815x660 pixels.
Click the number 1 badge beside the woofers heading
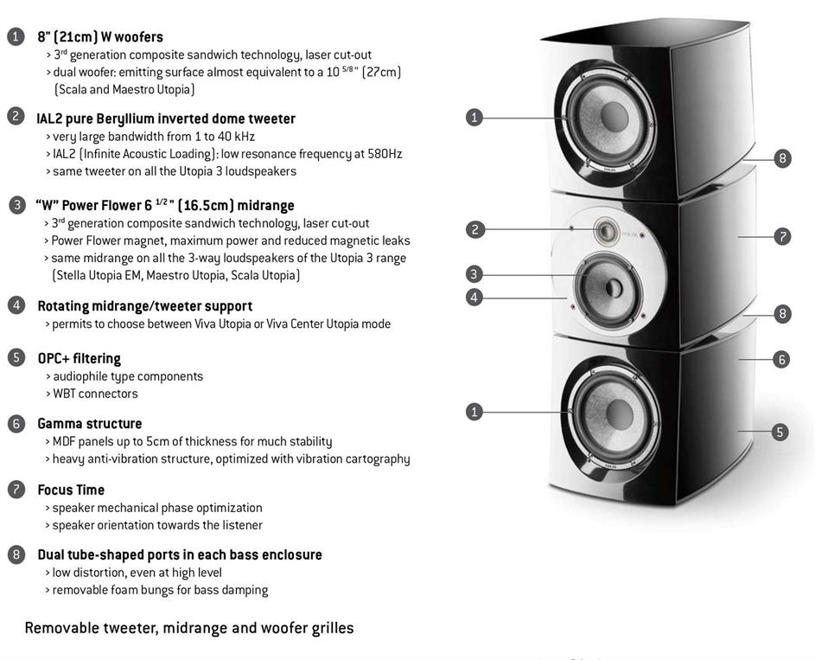(x=16, y=37)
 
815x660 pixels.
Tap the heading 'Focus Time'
(x=71, y=490)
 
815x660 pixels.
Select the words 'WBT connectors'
(x=95, y=394)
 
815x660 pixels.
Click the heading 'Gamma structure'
(x=89, y=424)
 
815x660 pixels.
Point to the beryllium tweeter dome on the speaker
(x=607, y=230)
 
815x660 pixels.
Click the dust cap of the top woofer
(x=614, y=117)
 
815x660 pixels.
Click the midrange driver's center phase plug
(x=614, y=288)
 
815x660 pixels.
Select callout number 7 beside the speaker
(x=782, y=237)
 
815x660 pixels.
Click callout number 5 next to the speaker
(x=780, y=432)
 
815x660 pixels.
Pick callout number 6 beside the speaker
(x=781, y=359)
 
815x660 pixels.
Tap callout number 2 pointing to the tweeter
(x=474, y=229)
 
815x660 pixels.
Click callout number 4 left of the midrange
(x=474, y=298)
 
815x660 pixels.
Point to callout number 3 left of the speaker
(x=474, y=274)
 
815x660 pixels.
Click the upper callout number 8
(x=782, y=158)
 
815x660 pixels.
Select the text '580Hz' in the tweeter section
(x=385, y=154)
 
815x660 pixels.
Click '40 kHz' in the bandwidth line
(x=236, y=137)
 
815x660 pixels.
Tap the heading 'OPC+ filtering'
(x=79, y=359)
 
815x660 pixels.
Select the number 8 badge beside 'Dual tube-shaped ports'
(x=16, y=555)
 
